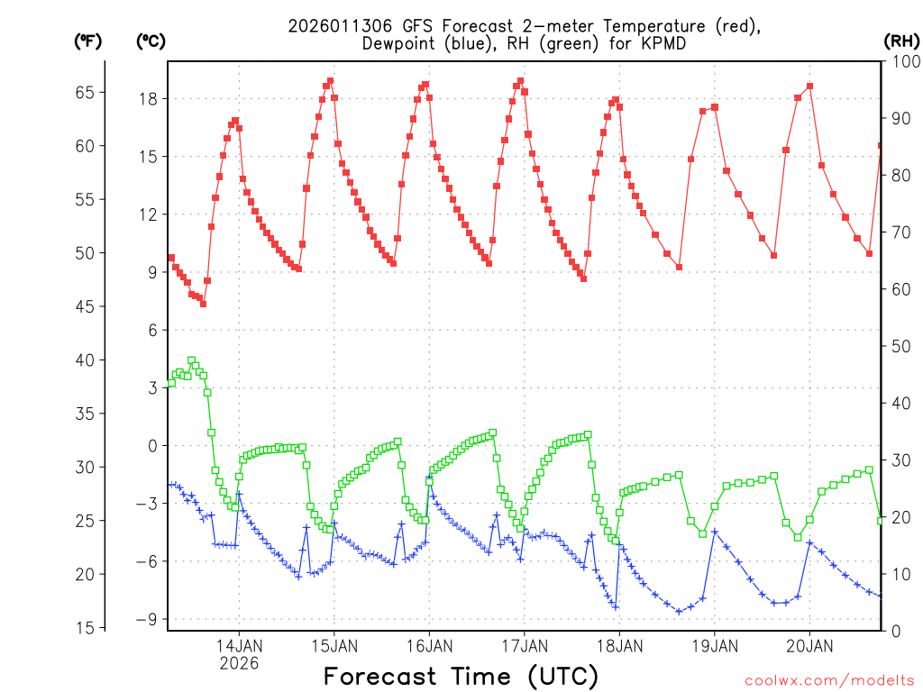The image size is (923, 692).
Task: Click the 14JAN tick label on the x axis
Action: point(239,646)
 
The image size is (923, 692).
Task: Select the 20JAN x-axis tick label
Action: point(809,646)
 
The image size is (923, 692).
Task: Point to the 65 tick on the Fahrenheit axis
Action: point(84,92)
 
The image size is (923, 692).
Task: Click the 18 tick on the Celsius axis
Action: point(147,98)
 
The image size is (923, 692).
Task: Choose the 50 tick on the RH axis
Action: point(899,346)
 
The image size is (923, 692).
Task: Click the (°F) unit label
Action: point(87,41)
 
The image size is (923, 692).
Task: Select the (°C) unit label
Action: point(151,41)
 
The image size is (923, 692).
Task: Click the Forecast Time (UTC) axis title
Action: point(461,676)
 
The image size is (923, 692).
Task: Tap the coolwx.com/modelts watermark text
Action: point(828,679)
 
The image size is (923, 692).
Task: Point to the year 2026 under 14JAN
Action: point(239,663)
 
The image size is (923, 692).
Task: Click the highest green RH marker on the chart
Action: point(191,360)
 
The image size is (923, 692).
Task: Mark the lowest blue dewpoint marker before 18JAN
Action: point(616,606)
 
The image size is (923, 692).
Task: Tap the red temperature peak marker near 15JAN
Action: point(330,81)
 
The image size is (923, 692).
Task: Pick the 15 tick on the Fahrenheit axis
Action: point(84,627)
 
